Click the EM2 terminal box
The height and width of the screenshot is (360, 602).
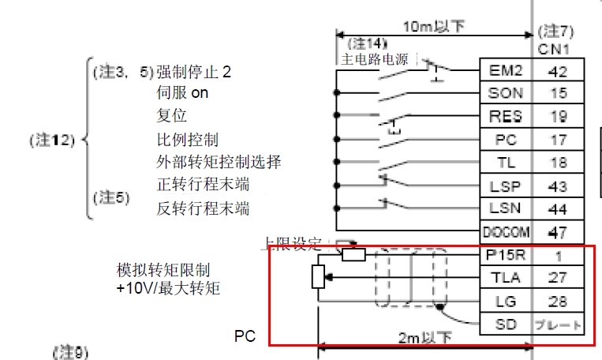coord(506,69)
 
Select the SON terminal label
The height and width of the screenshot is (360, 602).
coord(506,92)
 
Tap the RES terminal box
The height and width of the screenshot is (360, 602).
coord(506,116)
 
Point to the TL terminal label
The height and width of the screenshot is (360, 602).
coord(506,163)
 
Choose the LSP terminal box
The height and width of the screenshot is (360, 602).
coord(506,186)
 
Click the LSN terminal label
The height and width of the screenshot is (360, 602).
coord(506,209)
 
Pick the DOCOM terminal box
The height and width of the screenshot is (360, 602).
coord(506,233)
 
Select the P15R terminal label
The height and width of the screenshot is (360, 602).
coord(506,256)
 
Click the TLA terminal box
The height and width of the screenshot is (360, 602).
coord(506,278)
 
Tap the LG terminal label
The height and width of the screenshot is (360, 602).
coord(506,301)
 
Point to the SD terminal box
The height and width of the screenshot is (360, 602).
coord(506,324)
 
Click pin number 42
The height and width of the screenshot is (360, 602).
coord(559,69)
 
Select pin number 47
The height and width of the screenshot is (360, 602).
coord(559,233)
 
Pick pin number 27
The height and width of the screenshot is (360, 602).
coord(559,278)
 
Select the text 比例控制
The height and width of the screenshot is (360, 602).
coord(188,140)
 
